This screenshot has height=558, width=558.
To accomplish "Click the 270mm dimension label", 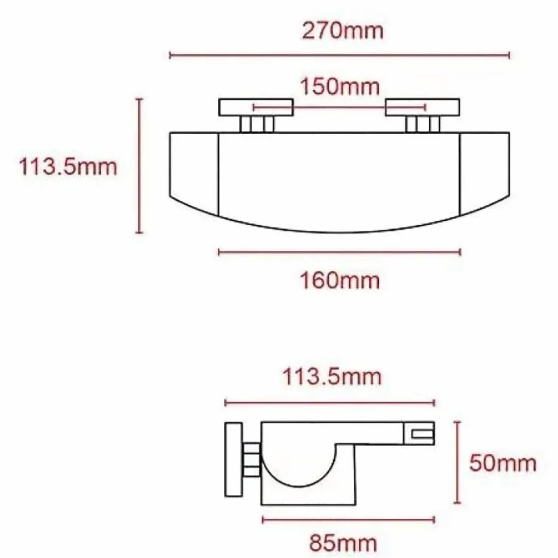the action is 342,31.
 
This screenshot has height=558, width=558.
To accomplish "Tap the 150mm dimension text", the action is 340,87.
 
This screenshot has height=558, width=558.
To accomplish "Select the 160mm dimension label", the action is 340,281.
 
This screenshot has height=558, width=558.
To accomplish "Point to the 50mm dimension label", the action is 502,464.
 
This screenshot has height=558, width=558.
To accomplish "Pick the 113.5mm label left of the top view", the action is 68,167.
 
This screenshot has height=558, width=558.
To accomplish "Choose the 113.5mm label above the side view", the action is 332,377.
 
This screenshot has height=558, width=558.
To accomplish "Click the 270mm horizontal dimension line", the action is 340,56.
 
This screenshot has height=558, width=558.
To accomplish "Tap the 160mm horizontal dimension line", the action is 340,253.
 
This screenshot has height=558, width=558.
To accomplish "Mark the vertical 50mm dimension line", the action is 458,462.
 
